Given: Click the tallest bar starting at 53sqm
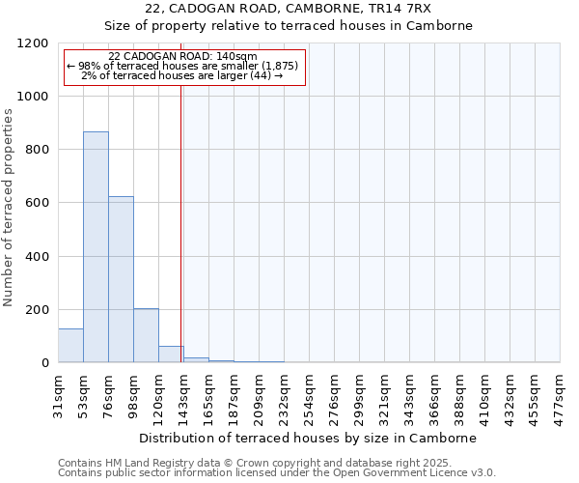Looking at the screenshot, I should [x=96, y=247].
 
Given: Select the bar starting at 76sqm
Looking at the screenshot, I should [x=121, y=279].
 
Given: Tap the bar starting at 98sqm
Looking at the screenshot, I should [x=146, y=335].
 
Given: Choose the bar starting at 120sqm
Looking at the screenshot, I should [x=171, y=355].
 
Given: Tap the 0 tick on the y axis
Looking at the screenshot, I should [x=45, y=363].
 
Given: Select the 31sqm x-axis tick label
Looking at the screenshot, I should [x=58, y=394].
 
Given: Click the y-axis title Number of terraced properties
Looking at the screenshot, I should [x=10, y=208].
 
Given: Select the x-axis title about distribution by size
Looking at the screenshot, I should [x=308, y=439].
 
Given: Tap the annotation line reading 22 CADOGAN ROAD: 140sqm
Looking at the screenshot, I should [x=183, y=57].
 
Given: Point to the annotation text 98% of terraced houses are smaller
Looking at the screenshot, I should [x=183, y=66].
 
